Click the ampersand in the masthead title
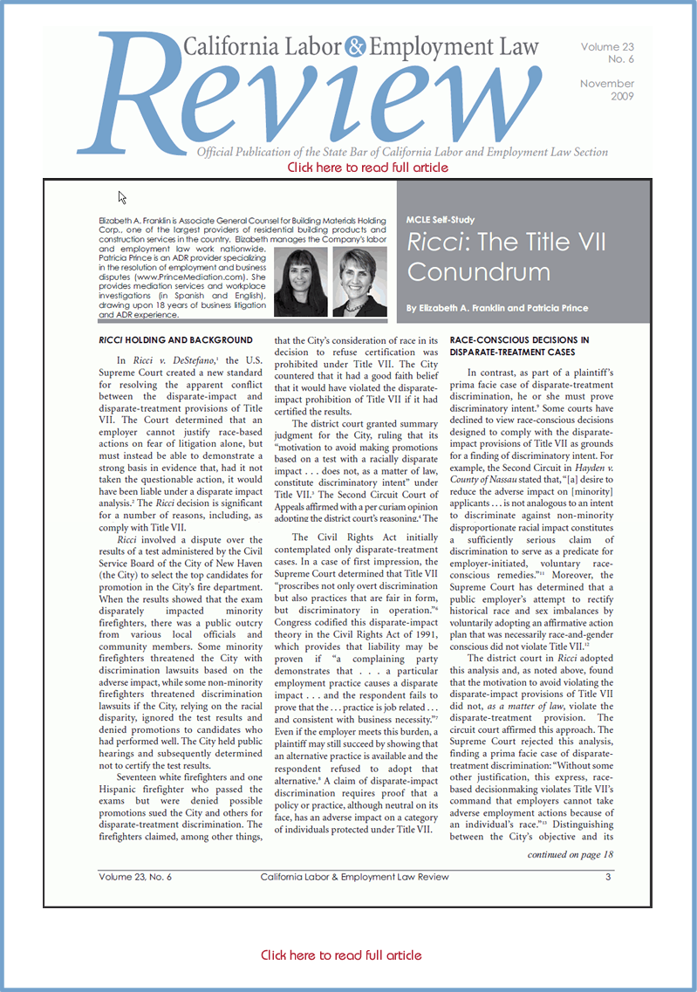(x=358, y=49)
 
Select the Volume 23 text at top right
(x=607, y=47)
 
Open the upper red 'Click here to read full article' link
(x=367, y=167)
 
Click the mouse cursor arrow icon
(x=123, y=197)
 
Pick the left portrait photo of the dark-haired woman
(x=300, y=282)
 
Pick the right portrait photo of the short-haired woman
(x=360, y=282)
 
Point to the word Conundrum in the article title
(x=478, y=271)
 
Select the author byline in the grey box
(x=496, y=308)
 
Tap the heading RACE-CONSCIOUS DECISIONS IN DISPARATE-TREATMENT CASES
(x=520, y=345)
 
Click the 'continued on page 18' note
(x=570, y=854)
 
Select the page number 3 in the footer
(x=607, y=877)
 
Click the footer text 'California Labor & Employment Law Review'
(x=354, y=877)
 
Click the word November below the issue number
(x=607, y=84)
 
